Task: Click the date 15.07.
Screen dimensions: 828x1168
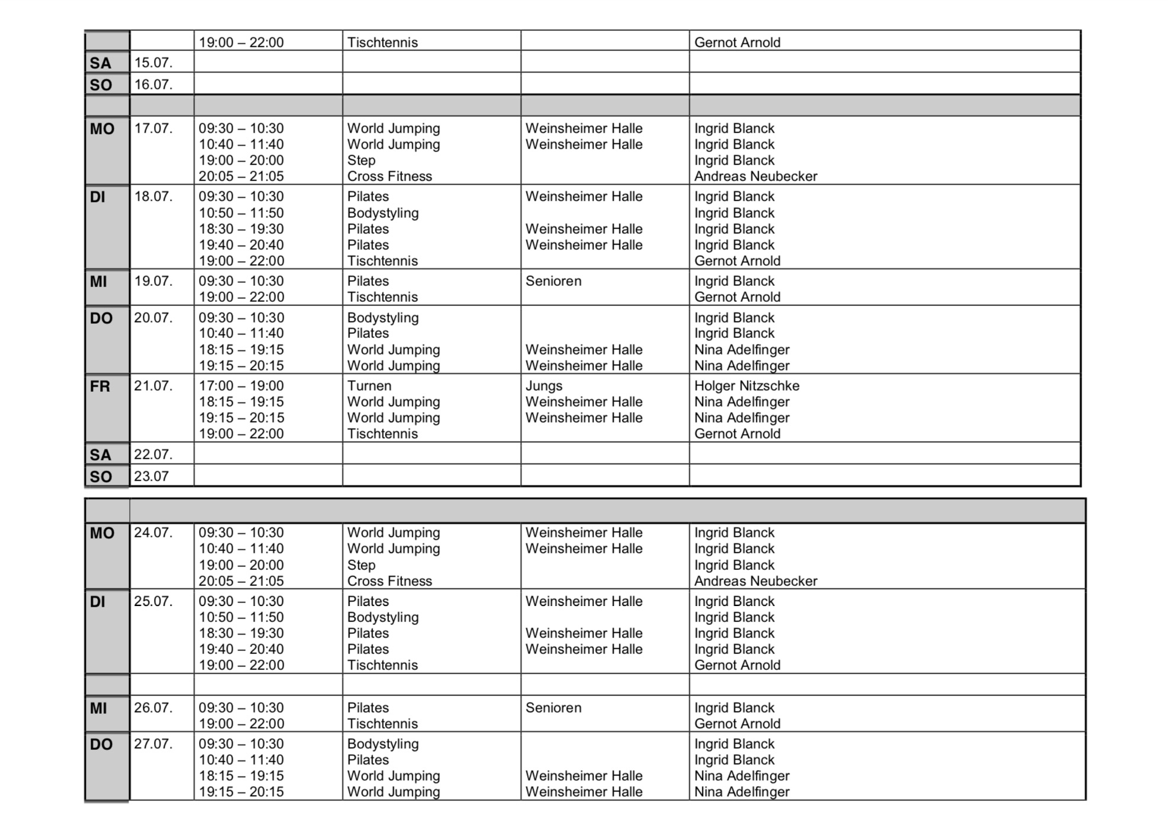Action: tap(153, 63)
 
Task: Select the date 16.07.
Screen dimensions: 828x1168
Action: tap(153, 85)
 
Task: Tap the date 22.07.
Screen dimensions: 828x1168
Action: tap(153, 455)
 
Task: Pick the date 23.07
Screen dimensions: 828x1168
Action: tap(151, 476)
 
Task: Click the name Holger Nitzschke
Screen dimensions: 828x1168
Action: tap(746, 386)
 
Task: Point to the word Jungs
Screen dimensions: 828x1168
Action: tap(544, 386)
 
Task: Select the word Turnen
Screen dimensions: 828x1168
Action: tap(369, 386)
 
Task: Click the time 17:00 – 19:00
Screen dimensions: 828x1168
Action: tap(241, 386)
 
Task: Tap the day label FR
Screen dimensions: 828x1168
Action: tap(100, 386)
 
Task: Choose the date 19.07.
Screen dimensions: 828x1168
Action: tap(153, 281)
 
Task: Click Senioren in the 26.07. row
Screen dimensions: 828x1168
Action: tap(553, 708)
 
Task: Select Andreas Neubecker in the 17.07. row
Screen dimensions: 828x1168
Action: tap(755, 176)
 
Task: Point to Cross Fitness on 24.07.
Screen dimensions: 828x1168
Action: tap(389, 581)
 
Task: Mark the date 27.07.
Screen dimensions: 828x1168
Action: tap(153, 744)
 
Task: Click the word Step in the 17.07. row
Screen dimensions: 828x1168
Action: tap(361, 160)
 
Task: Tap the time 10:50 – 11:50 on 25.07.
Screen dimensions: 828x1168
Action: tap(241, 617)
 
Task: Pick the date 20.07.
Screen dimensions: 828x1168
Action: tap(153, 318)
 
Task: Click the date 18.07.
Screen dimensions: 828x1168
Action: tap(153, 196)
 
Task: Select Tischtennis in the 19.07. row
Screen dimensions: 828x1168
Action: tap(382, 297)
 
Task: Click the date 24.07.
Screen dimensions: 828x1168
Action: tap(153, 533)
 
